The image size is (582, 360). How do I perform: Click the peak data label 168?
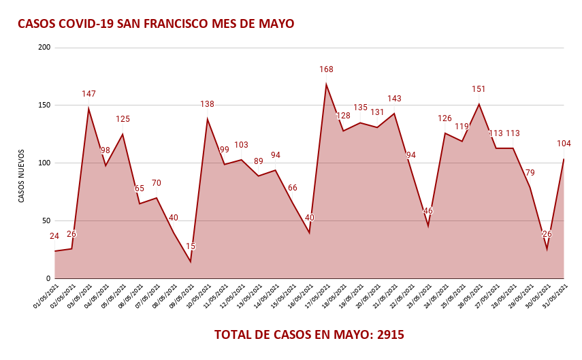click(x=326, y=69)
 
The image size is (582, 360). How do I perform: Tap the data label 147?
click(x=88, y=94)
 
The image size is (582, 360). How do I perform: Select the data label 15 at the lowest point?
click(x=191, y=246)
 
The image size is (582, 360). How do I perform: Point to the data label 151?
click(x=479, y=89)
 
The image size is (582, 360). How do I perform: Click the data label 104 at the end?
click(x=564, y=144)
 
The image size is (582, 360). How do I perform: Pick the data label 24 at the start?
click(x=54, y=236)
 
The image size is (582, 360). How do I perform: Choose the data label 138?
click(x=207, y=104)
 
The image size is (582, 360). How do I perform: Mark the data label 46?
click(x=428, y=211)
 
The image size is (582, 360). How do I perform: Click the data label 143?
click(x=394, y=99)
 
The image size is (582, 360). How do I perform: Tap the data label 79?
click(x=530, y=173)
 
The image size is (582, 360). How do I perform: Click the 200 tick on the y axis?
click(x=45, y=48)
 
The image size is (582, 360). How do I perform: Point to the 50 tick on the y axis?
click(x=46, y=220)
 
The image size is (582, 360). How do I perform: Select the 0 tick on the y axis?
click(x=48, y=278)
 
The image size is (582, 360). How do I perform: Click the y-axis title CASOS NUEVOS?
click(x=21, y=176)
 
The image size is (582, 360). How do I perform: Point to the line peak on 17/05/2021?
click(x=326, y=84)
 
